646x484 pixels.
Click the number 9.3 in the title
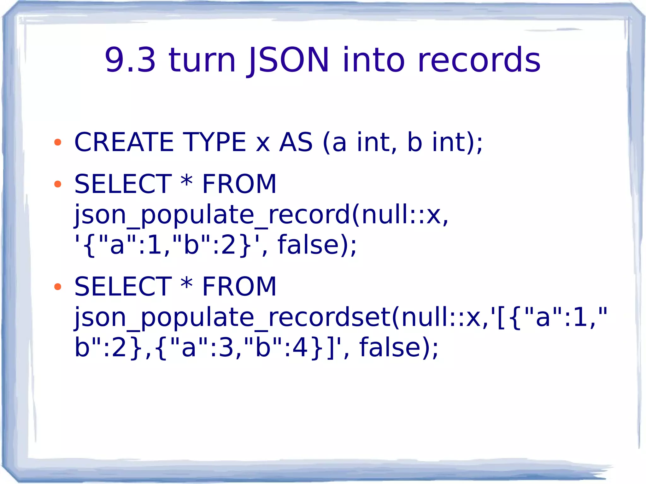(130, 60)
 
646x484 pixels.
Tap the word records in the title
(479, 60)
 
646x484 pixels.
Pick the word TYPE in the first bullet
(214, 142)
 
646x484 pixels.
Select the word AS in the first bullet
(296, 142)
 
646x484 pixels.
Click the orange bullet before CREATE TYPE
(58, 143)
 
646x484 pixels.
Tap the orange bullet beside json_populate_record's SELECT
(58, 184)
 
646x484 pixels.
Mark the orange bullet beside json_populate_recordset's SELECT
(58, 287)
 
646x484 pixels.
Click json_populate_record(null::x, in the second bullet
(261, 215)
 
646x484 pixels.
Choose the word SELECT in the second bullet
(123, 184)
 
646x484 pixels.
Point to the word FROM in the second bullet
(239, 184)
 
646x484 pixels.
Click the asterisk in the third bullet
(186, 284)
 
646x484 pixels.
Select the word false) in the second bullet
(317, 245)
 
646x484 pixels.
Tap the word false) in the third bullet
(399, 347)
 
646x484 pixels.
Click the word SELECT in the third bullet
(123, 287)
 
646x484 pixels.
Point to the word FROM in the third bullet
(239, 287)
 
